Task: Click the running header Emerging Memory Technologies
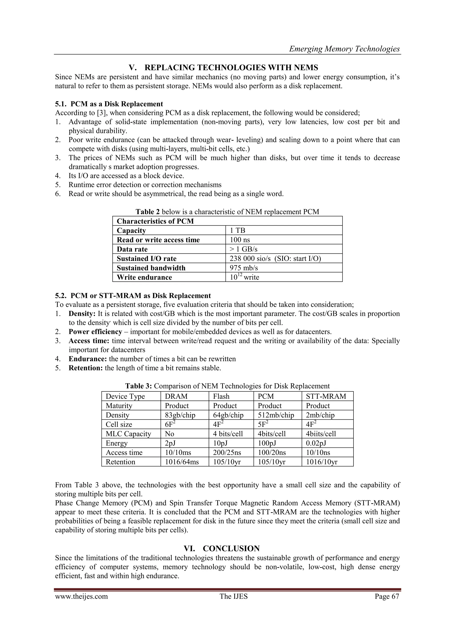coord(344,49)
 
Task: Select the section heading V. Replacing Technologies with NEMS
coord(224,68)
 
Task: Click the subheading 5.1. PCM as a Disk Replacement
coord(109,104)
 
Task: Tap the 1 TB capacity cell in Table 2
coord(237,231)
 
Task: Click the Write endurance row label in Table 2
coord(144,277)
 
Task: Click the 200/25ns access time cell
coord(227,452)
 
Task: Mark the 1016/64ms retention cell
coord(182,462)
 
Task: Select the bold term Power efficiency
coord(95,332)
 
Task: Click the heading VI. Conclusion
coord(222,549)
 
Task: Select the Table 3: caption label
coord(138,386)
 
